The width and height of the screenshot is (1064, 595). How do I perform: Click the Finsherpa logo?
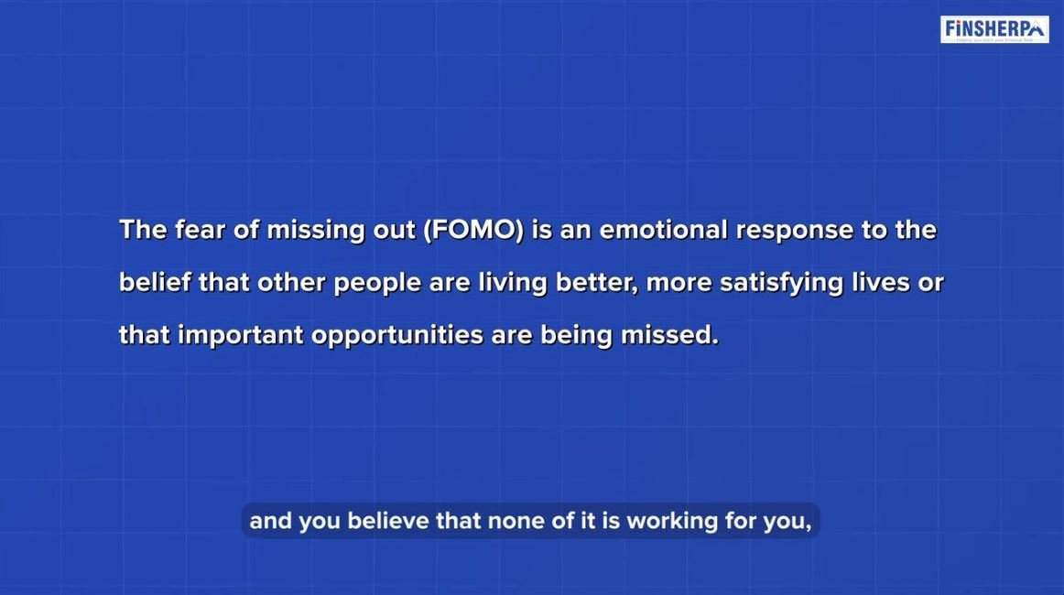pos(993,29)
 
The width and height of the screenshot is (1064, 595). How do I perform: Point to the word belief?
pos(155,283)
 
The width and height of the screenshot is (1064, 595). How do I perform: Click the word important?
pos(240,335)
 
